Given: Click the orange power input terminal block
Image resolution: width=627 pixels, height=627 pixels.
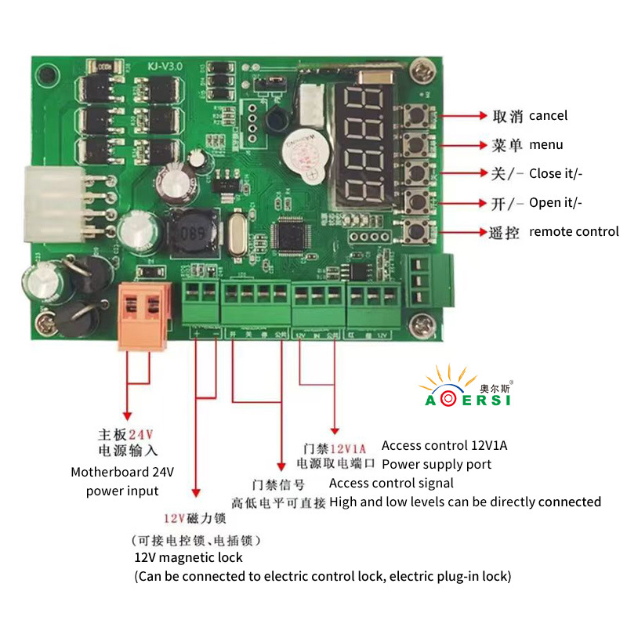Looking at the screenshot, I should pyautogui.click(x=145, y=313).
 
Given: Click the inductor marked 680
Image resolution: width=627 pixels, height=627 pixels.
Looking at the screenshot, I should pyautogui.click(x=188, y=231).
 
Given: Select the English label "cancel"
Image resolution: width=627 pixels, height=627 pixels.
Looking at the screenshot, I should pyautogui.click(x=548, y=116).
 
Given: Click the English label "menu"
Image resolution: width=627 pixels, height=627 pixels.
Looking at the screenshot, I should pyautogui.click(x=545, y=145).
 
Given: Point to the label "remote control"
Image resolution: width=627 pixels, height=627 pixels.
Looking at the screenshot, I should pyautogui.click(x=574, y=232).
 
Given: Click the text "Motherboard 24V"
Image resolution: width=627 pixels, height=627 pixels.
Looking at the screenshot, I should pyautogui.click(x=122, y=473).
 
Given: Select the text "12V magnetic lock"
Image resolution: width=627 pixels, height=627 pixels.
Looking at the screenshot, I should pyautogui.click(x=188, y=558).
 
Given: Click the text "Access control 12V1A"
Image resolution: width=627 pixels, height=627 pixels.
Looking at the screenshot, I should pyautogui.click(x=444, y=446).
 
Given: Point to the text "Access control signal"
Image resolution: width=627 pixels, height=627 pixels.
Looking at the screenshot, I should pyautogui.click(x=391, y=484).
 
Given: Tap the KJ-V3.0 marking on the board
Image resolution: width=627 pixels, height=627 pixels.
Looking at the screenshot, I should pyautogui.click(x=164, y=67).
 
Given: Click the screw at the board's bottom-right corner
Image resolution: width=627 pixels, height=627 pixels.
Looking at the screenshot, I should pyautogui.click(x=424, y=321).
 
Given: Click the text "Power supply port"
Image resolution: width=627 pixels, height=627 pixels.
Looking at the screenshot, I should pyautogui.click(x=436, y=465).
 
